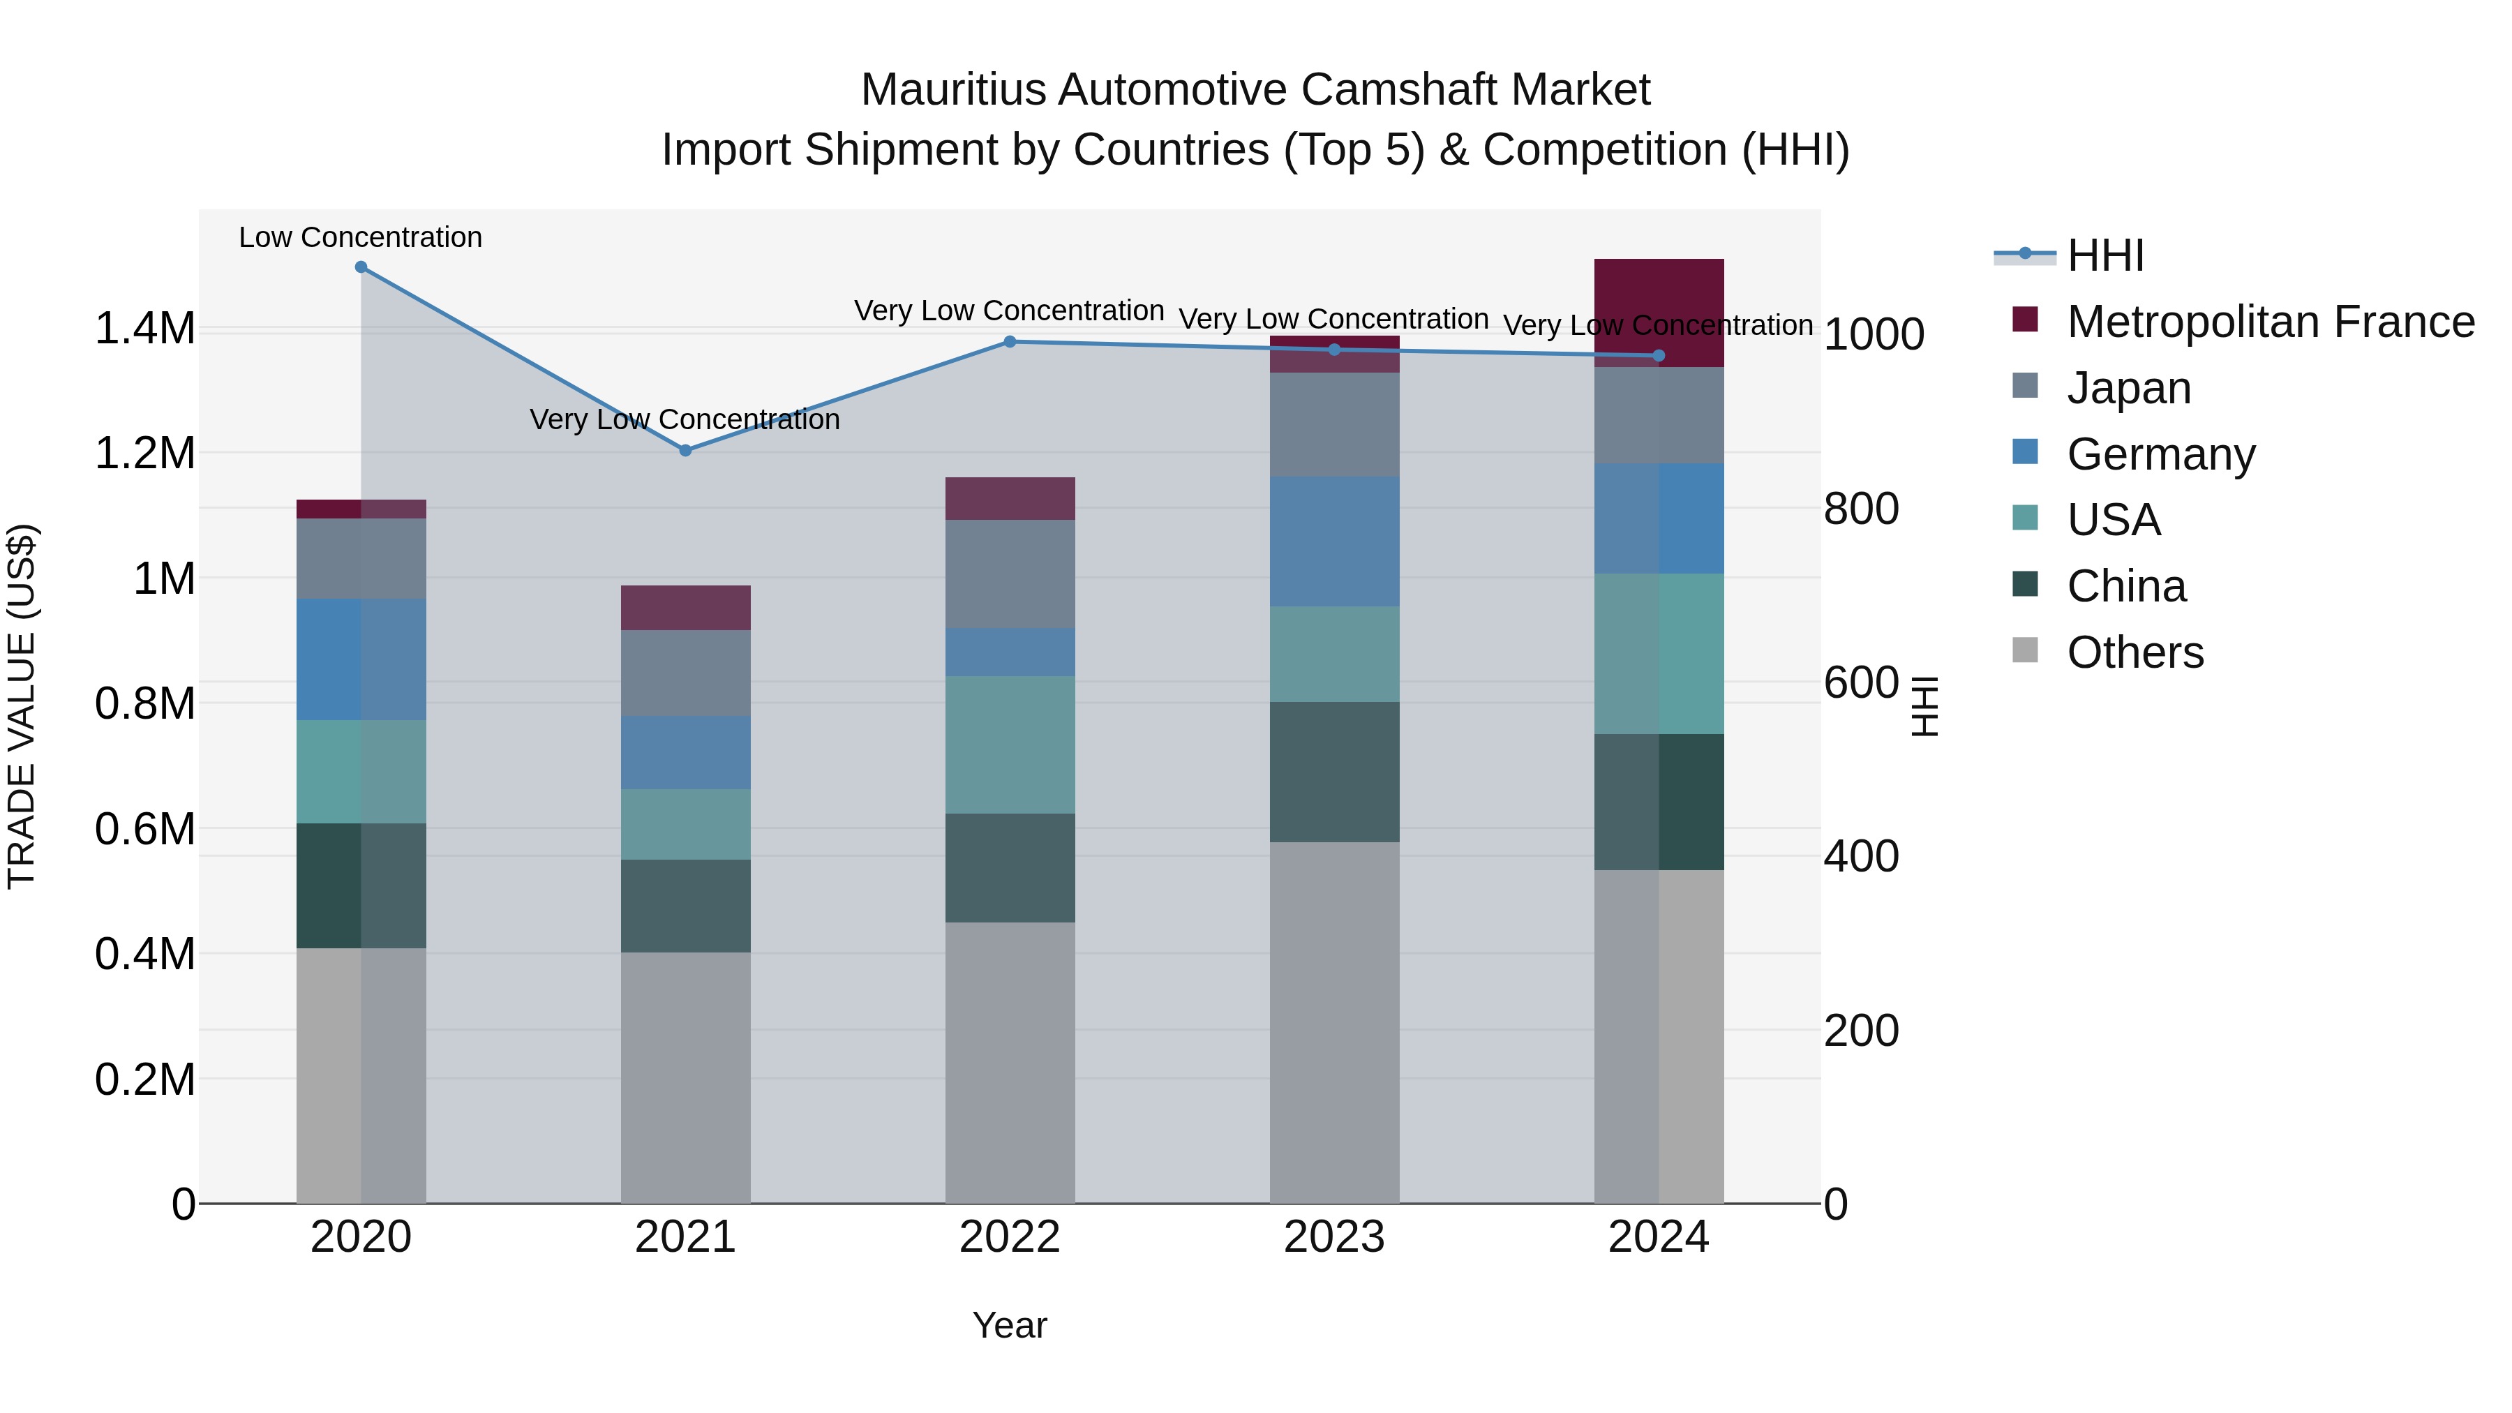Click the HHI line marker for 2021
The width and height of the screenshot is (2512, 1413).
(685, 451)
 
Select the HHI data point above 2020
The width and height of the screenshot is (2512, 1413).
(361, 267)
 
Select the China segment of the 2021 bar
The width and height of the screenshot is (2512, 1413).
(685, 905)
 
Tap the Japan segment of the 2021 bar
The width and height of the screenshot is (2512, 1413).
(685, 673)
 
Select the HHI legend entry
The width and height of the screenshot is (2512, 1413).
(2104, 255)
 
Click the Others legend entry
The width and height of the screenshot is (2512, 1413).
(2134, 652)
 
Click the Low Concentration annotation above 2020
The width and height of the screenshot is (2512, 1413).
(361, 237)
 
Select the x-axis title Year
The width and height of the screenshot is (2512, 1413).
(1009, 1325)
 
